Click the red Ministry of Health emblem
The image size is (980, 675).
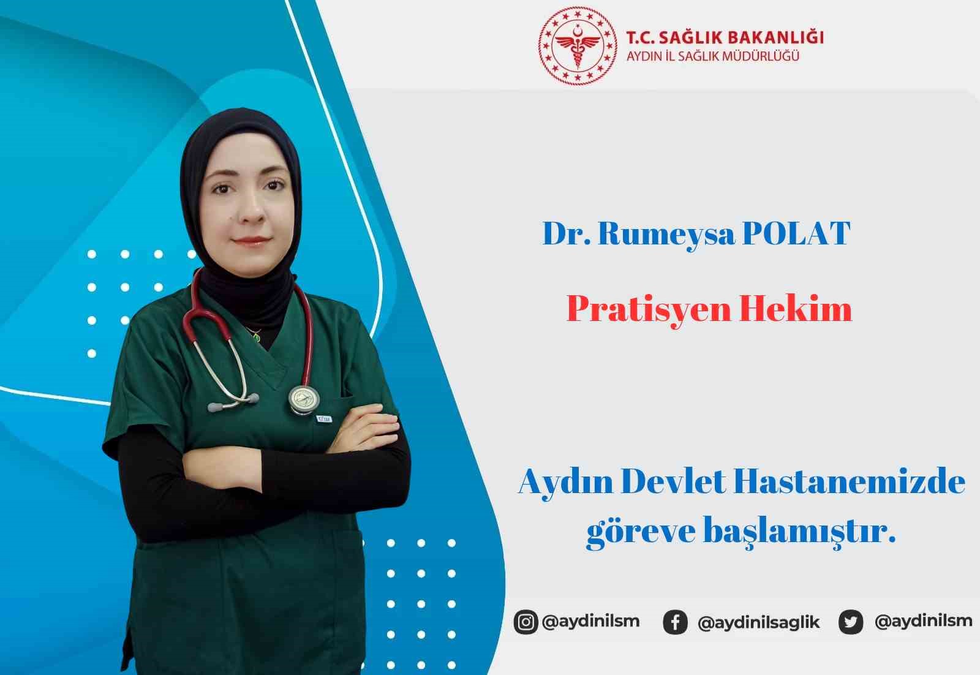[x=578, y=46]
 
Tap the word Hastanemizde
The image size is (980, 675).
[x=850, y=482]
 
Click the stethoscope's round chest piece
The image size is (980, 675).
[x=304, y=399]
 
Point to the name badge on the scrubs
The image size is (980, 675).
[x=323, y=419]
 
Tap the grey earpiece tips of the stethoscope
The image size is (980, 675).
[x=233, y=403]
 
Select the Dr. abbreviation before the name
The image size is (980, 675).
[x=567, y=234]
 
